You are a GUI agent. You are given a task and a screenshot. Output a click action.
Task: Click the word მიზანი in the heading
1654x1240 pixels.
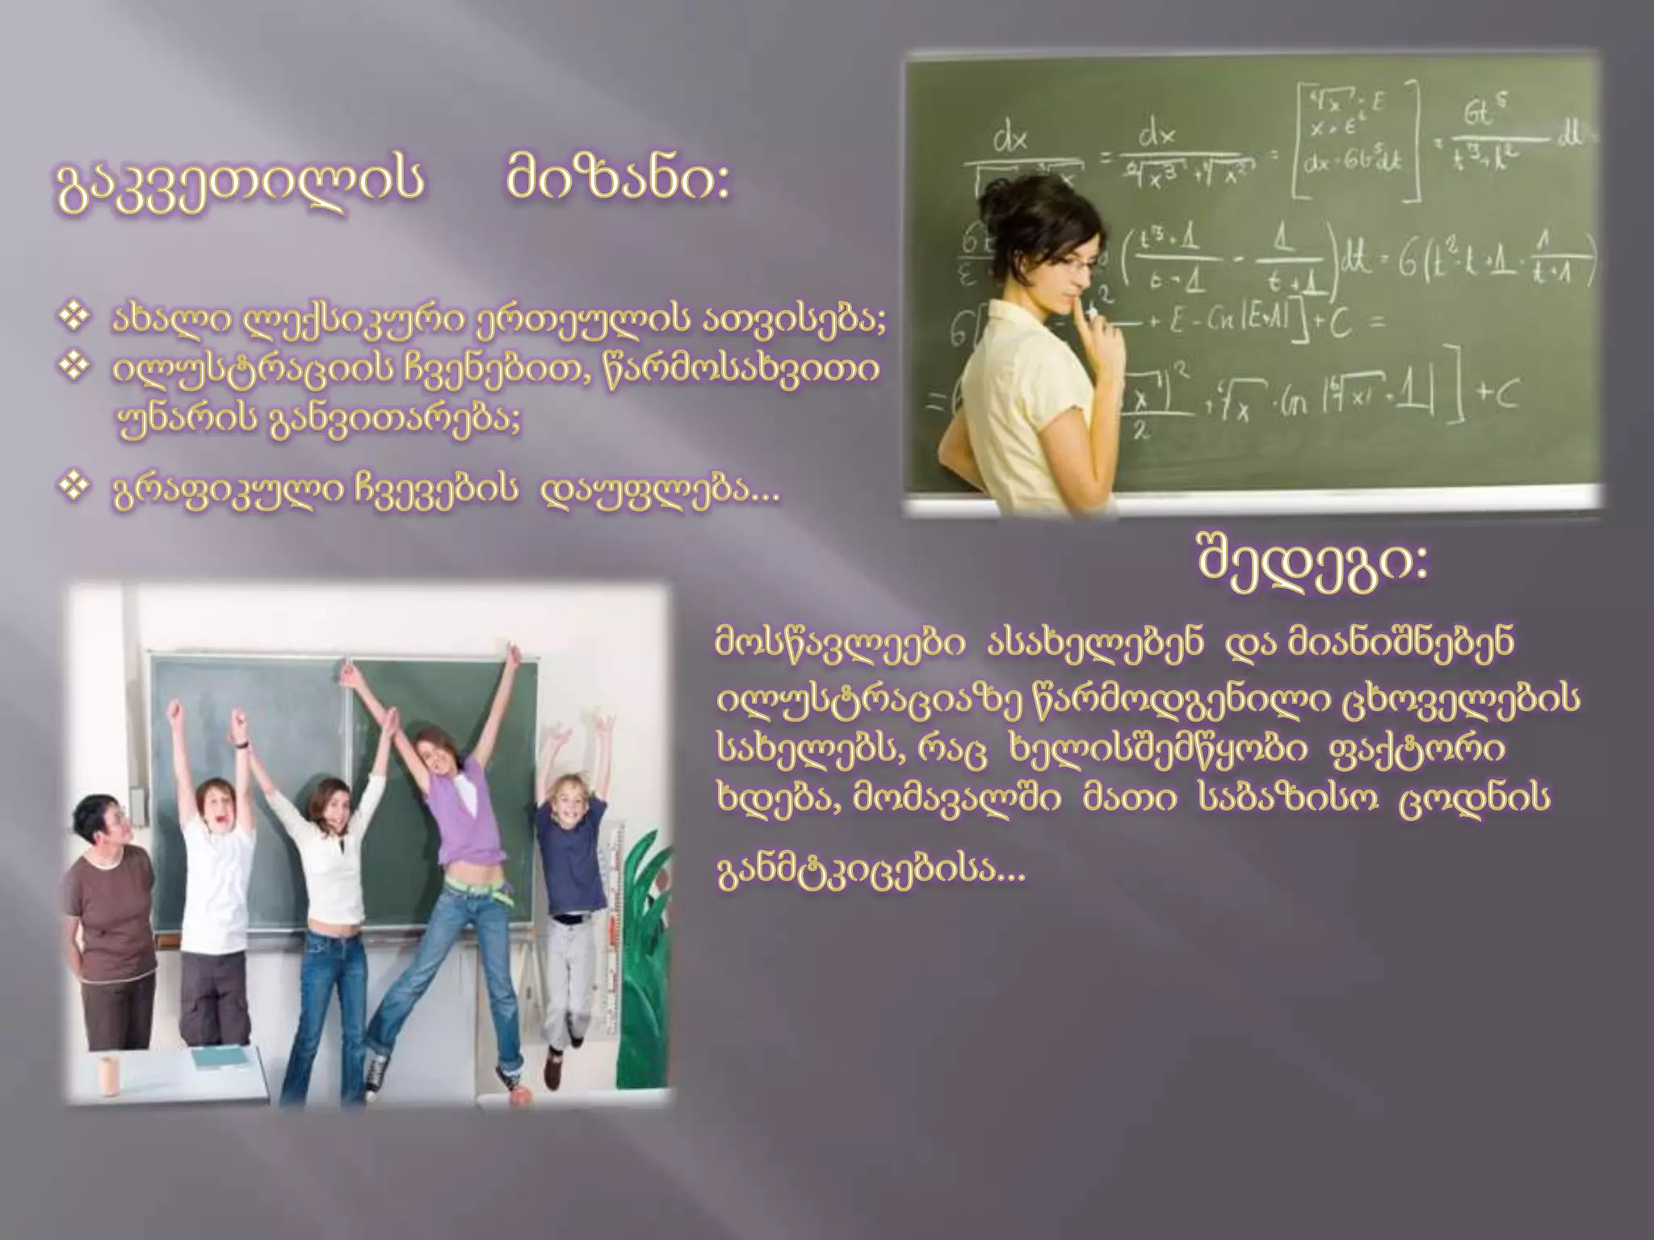[x=618, y=180]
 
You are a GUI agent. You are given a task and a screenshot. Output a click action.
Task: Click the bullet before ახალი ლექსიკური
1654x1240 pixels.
[x=74, y=318]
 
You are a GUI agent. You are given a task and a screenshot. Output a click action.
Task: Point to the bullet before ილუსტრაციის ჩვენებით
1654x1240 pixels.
[x=74, y=367]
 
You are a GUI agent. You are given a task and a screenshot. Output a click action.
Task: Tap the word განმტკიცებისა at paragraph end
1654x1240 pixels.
[x=871, y=871]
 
